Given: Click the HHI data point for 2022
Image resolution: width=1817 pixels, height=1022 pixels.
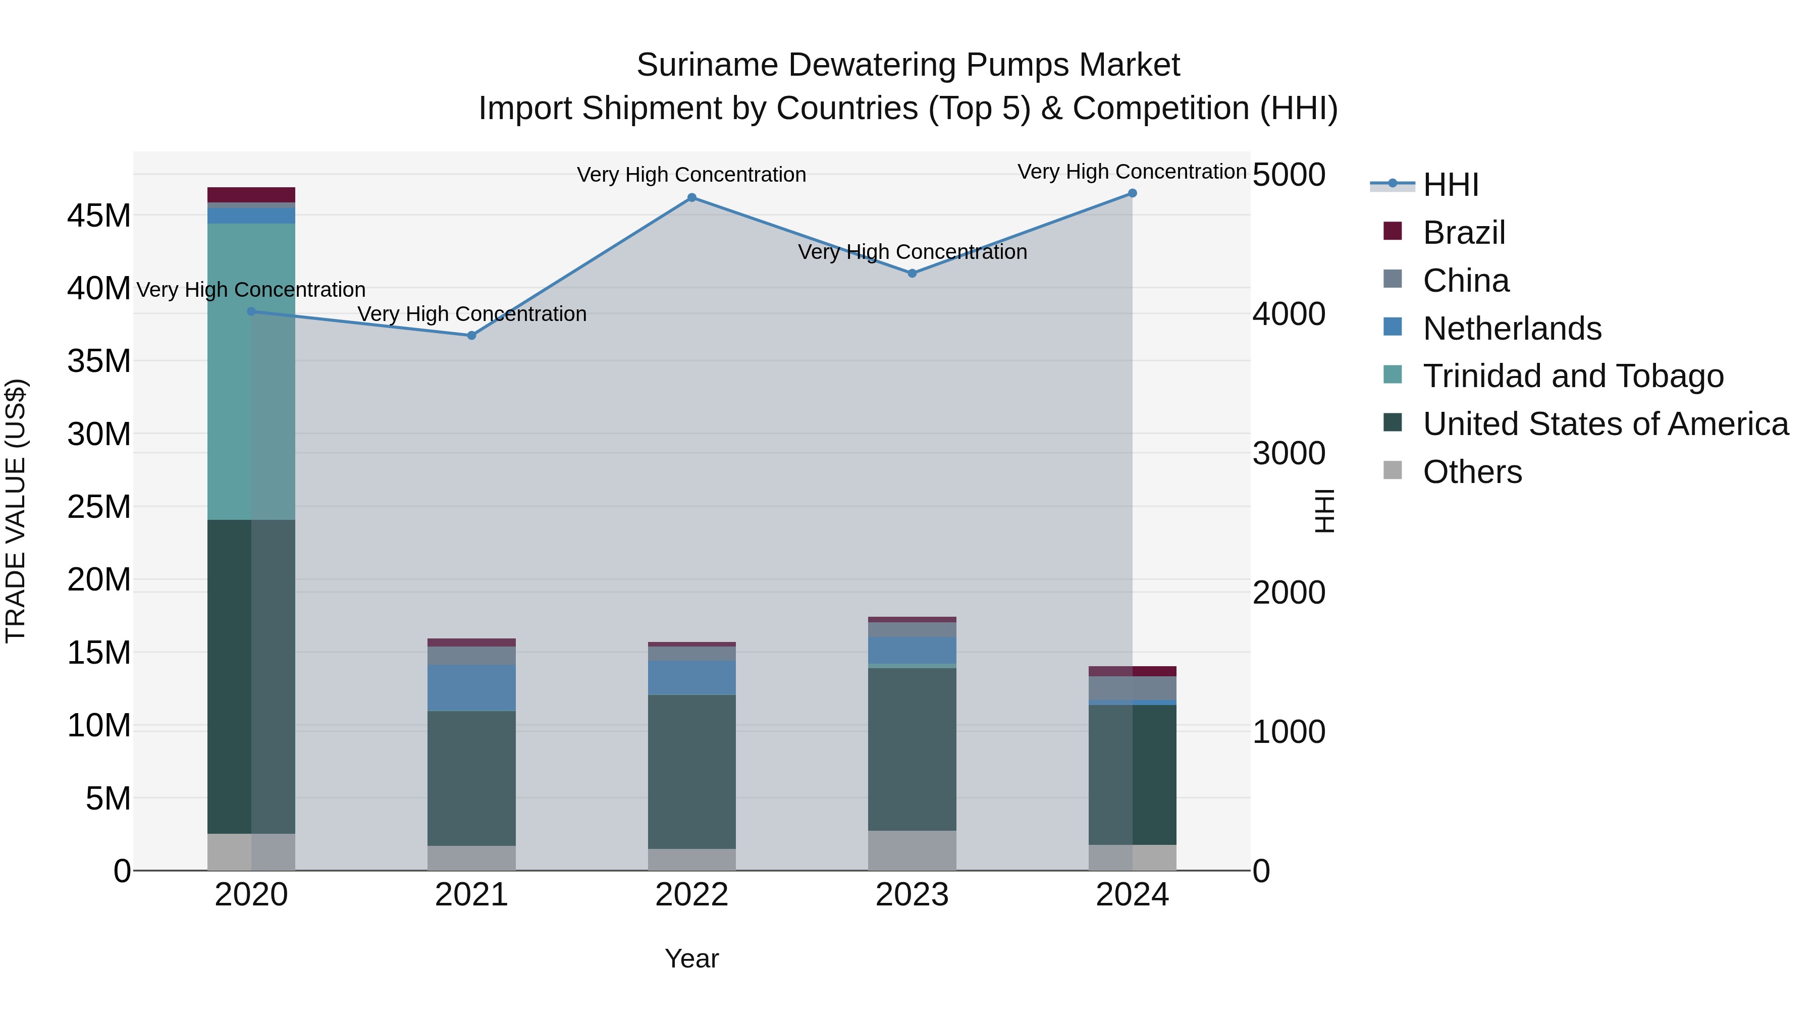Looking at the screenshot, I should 691,197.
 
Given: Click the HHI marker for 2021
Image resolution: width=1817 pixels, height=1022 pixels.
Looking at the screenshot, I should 471,335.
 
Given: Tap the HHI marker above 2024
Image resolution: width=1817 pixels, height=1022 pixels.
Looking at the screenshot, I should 1132,193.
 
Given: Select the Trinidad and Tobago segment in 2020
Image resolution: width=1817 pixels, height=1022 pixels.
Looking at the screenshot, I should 251,371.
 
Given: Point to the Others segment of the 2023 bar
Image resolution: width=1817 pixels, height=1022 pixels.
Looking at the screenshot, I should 912,850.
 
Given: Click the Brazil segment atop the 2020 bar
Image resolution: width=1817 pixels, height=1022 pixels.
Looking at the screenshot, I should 251,195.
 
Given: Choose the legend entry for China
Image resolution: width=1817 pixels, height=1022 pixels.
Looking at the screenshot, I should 1465,281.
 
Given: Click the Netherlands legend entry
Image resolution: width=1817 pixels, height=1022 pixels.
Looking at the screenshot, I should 1512,329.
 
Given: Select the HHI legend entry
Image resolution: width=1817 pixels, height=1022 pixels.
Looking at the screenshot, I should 1450,185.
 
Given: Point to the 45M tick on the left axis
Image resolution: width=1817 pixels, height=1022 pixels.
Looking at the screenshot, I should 99,215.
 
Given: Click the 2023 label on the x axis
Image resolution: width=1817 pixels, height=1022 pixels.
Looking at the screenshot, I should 912,894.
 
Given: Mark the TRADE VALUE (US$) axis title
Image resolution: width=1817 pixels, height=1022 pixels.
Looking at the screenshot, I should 16,511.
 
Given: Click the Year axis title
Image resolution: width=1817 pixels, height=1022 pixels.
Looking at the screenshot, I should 691,958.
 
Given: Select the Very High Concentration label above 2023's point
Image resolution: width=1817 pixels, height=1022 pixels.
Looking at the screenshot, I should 912,252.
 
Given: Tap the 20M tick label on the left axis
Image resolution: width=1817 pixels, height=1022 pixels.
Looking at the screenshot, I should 99,580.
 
